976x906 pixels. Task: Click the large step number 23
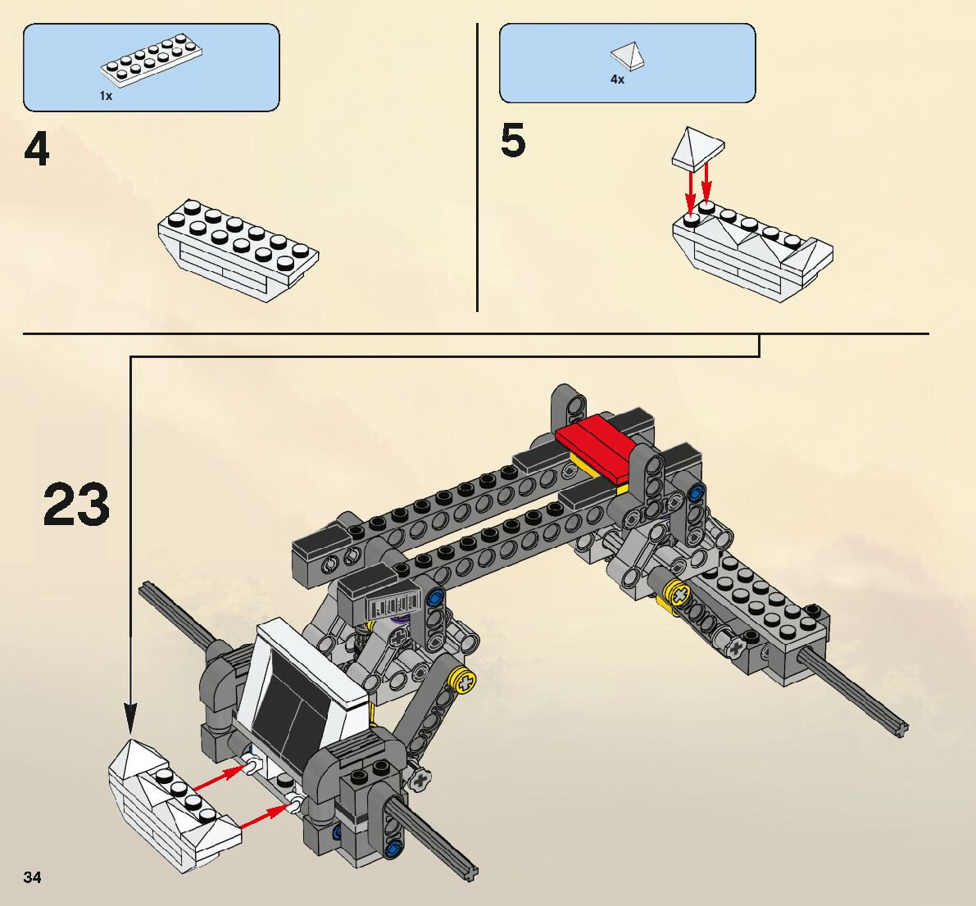tap(76, 505)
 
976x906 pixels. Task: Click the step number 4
tap(37, 150)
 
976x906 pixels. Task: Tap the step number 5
tap(513, 141)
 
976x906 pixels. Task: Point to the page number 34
tap(32, 877)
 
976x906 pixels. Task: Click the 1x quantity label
tap(106, 96)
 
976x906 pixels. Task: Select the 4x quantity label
tap(617, 79)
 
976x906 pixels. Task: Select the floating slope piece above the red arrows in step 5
tap(698, 148)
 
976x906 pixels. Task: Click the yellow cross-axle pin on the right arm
tap(677, 593)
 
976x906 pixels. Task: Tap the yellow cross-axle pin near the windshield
tap(465, 680)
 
